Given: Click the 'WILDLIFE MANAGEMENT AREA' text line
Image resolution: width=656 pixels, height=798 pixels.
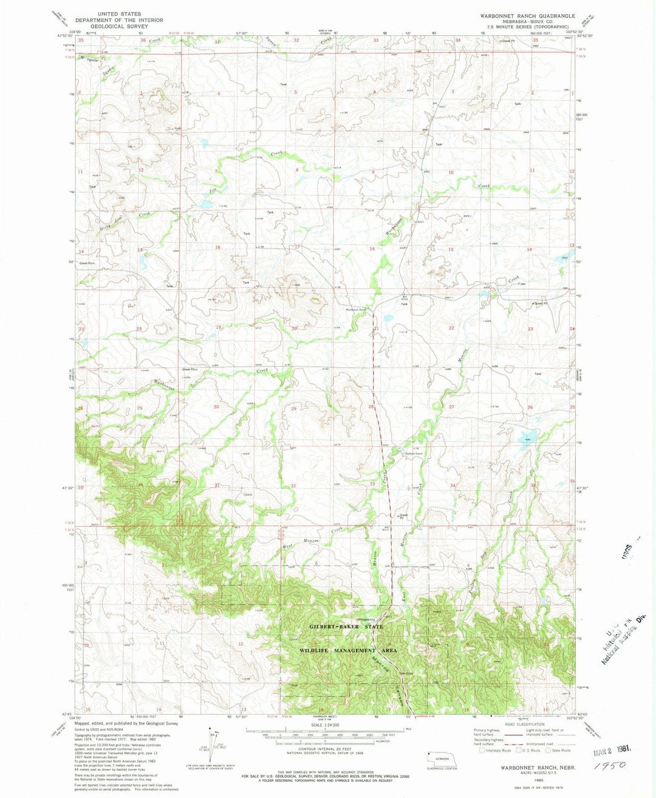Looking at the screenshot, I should coord(348,650).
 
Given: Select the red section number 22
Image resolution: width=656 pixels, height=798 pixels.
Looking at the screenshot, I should coord(451,328).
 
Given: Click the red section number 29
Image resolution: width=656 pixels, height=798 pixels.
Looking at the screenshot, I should coord(294,409).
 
